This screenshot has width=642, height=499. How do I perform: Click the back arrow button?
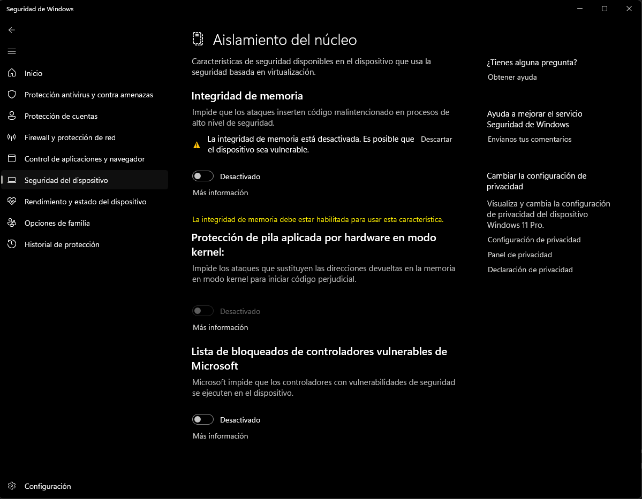pos(12,30)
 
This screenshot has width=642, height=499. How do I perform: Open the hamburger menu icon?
pos(12,51)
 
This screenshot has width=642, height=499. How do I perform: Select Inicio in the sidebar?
pos(33,73)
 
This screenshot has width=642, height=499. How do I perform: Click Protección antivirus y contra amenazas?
pos(88,95)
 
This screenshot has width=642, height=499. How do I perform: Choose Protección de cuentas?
pos(61,116)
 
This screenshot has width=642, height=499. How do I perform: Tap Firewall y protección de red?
pos(70,137)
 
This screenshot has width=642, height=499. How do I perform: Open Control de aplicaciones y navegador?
pos(85,159)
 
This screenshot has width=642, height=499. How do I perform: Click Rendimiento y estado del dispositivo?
pos(85,202)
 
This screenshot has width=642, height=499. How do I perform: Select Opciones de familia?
pos(57,223)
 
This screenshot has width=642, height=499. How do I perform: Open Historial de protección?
pos(62,244)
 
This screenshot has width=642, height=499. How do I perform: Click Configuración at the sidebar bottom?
pos(48,486)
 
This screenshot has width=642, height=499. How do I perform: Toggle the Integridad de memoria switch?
pos(203,176)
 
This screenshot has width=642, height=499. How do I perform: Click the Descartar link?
pos(436,139)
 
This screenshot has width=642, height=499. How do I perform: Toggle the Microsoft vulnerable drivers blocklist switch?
pos(203,419)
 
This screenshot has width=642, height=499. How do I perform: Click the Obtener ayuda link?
pos(512,77)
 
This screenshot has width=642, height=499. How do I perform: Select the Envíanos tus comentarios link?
pos(530,139)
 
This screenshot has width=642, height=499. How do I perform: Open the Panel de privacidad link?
pos(519,255)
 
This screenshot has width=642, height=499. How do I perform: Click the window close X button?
pos(629,9)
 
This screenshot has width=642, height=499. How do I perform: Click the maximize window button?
pos(605,9)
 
